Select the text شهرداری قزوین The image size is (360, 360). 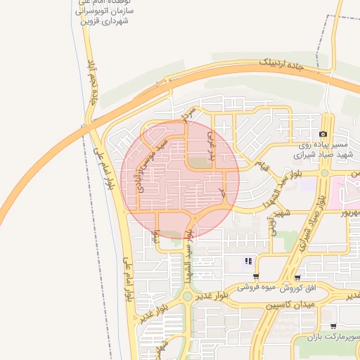[105, 22]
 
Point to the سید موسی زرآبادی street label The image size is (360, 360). [152, 164]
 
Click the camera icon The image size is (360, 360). [323, 134]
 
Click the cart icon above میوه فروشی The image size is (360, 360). [256, 277]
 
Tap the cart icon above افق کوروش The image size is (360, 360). [298, 278]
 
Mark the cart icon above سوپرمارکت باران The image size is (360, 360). [333, 326]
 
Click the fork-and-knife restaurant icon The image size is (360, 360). [247, 262]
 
